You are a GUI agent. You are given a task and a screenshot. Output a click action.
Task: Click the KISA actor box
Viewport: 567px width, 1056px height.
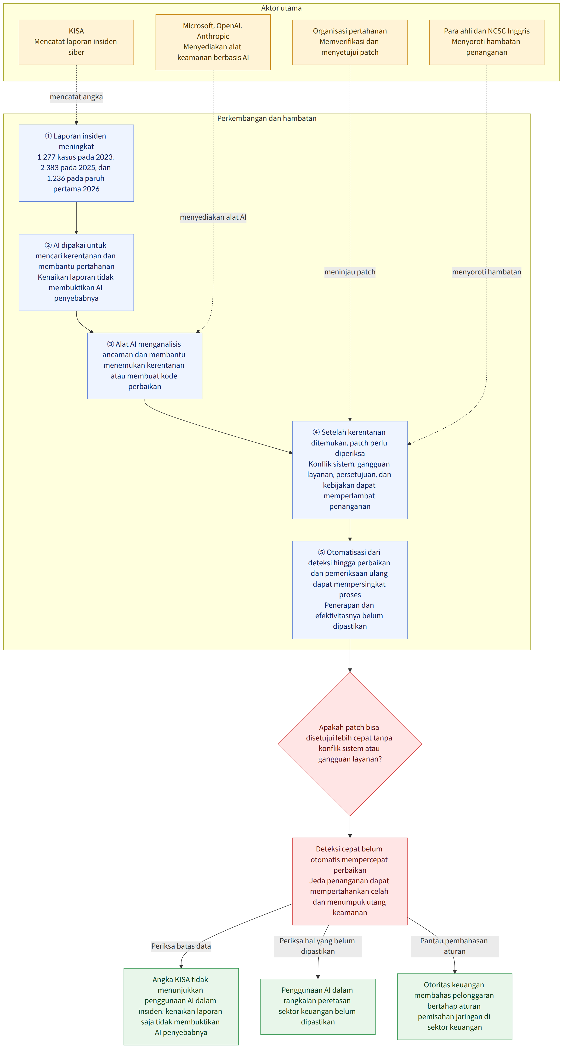tap(76, 42)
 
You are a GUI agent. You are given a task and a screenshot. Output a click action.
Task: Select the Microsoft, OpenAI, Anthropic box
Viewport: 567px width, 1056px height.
tap(213, 42)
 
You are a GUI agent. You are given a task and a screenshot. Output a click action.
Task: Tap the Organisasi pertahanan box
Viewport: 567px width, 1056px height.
tap(350, 42)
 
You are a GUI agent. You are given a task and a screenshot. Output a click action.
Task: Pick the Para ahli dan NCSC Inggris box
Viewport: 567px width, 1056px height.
tap(487, 42)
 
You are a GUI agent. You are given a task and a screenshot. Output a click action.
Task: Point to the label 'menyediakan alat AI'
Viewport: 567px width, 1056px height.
tap(213, 217)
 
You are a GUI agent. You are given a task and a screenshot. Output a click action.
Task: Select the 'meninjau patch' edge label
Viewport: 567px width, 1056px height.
tap(350, 272)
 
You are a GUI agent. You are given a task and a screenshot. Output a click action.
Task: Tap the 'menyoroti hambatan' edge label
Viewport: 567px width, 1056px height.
tap(487, 272)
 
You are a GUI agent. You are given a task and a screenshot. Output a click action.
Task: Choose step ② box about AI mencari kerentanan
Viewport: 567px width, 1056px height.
tap(76, 272)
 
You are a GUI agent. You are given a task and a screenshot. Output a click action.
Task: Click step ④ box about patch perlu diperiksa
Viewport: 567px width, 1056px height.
tap(350, 470)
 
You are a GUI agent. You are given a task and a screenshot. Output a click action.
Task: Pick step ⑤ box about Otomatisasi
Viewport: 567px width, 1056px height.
tap(350, 590)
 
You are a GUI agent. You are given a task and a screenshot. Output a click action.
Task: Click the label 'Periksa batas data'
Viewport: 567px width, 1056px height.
tap(181, 946)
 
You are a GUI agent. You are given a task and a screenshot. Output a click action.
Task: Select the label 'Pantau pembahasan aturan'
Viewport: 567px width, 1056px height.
tap(455, 946)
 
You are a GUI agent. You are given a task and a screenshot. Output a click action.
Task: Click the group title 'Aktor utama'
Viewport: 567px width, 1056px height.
tap(281, 8)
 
